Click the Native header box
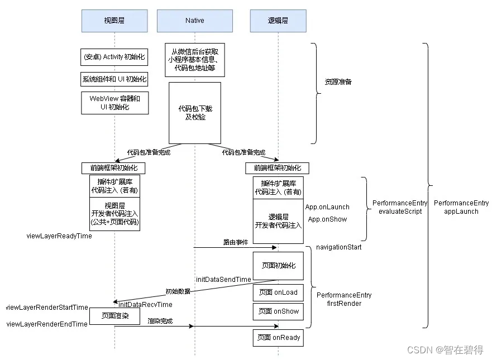point(194,21)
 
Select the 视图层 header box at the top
point(114,21)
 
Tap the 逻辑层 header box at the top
point(278,21)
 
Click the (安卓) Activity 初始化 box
point(114,57)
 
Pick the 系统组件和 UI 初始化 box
point(114,79)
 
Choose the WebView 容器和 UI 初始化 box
point(115,103)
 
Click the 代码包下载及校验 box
point(195,113)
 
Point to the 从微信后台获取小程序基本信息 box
point(195,60)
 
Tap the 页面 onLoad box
point(278,292)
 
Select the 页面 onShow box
point(278,311)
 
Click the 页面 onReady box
point(278,338)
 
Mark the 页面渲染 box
point(115,316)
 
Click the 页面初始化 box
point(278,266)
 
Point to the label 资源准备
point(338,82)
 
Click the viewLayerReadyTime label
point(59,236)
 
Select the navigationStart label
point(339,247)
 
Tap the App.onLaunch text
point(327,207)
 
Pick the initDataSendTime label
point(223,280)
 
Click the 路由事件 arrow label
point(236,242)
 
